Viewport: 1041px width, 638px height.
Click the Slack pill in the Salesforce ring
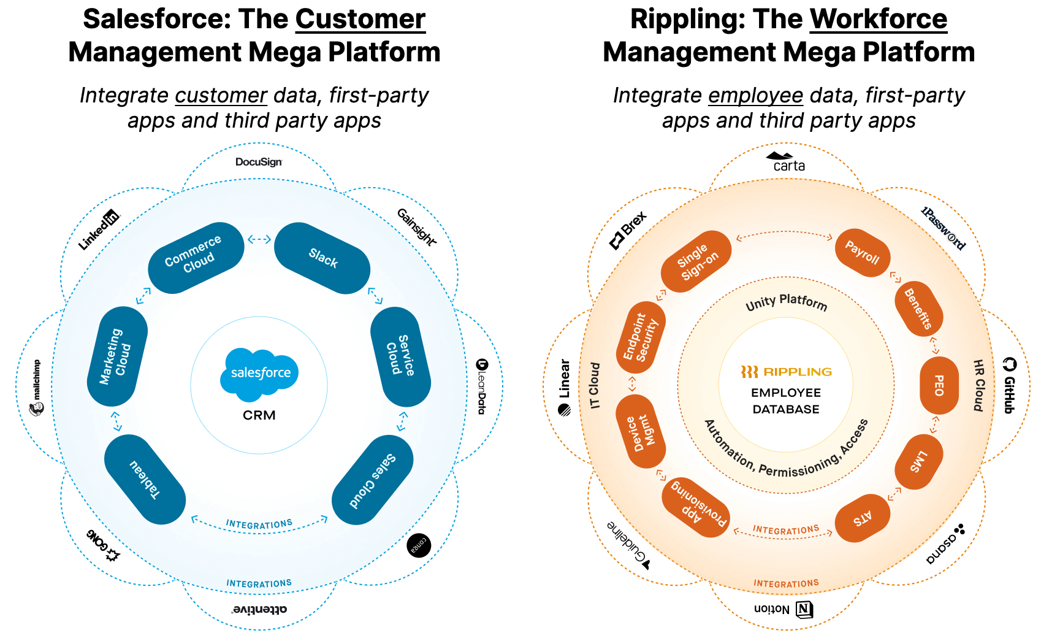coord(322,258)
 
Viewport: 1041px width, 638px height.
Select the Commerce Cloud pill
coord(196,257)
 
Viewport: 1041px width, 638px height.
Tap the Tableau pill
coord(145,479)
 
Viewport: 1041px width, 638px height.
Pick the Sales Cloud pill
coord(372,480)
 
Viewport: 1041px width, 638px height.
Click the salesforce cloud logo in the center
coord(259,371)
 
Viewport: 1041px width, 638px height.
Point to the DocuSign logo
coord(259,162)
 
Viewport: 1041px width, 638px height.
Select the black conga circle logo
coord(419,545)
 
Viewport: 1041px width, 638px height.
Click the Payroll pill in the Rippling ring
coord(862,253)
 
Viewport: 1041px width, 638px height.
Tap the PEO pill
coord(939,385)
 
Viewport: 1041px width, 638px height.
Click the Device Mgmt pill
coord(640,431)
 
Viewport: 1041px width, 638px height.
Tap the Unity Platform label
coord(786,302)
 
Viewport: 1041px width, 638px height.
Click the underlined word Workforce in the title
coord(878,19)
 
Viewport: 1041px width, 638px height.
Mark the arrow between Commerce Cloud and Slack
coord(259,239)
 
